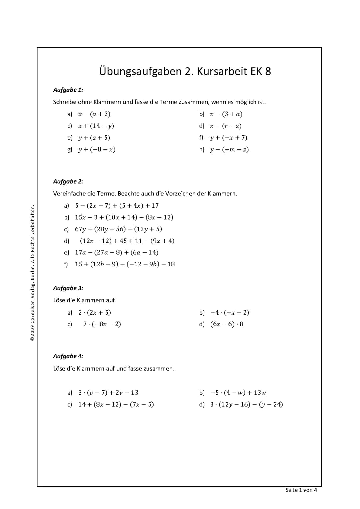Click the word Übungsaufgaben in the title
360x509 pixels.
point(140,72)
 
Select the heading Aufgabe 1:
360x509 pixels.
point(68,90)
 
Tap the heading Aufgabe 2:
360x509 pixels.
point(68,182)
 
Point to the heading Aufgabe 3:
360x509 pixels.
point(68,288)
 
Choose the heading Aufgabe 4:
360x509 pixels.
point(68,356)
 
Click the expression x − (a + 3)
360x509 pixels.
point(94,114)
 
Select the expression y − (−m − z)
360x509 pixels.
point(229,150)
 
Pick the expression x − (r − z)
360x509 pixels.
point(226,126)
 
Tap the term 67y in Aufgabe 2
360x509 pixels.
point(81,229)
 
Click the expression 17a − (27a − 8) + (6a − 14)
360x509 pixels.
point(117,253)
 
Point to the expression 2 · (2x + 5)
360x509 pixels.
point(95,313)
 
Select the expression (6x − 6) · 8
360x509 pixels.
point(227,324)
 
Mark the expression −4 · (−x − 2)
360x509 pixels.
point(230,313)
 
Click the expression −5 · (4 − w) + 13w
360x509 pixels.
point(238,393)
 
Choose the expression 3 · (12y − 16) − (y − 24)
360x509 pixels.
point(246,405)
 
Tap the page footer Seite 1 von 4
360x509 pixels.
point(301,490)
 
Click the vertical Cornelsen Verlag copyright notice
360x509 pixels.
point(32,273)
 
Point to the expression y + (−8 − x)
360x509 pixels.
point(97,150)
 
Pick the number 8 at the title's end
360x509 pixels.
point(268,72)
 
